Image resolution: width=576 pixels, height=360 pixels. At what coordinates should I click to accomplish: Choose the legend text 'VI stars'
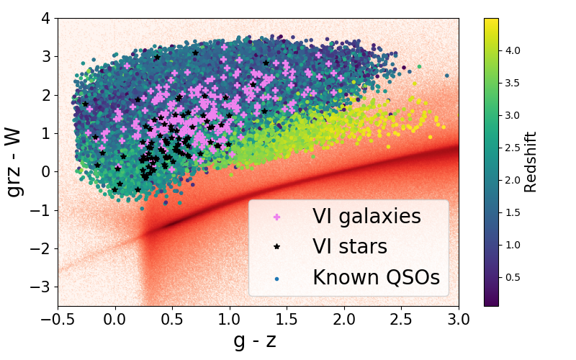pyautogui.click(x=349, y=247)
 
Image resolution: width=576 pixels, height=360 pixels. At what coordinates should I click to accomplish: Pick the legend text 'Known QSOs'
pyautogui.click(x=375, y=278)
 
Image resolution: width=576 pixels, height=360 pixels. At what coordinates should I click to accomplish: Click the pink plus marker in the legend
pyautogui.click(x=277, y=216)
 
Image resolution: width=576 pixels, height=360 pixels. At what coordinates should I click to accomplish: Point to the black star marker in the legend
pyautogui.click(x=277, y=247)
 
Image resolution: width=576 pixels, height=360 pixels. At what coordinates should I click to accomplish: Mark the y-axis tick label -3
pyautogui.click(x=42, y=287)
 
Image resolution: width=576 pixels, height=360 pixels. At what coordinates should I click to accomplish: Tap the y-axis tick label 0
pyautogui.click(x=45, y=171)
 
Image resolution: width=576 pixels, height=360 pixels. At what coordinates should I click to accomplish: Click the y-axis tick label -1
pyautogui.click(x=42, y=210)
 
